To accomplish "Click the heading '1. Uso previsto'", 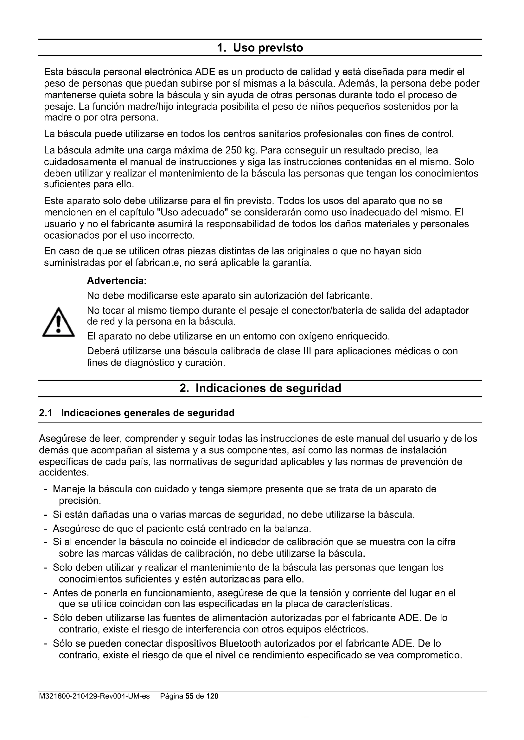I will click(x=260, y=48).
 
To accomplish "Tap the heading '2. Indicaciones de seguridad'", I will click(x=260, y=389).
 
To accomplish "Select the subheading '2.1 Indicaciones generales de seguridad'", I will click(x=137, y=413).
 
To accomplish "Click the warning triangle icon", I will click(x=58, y=323).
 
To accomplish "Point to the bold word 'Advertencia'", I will click(x=116, y=281).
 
